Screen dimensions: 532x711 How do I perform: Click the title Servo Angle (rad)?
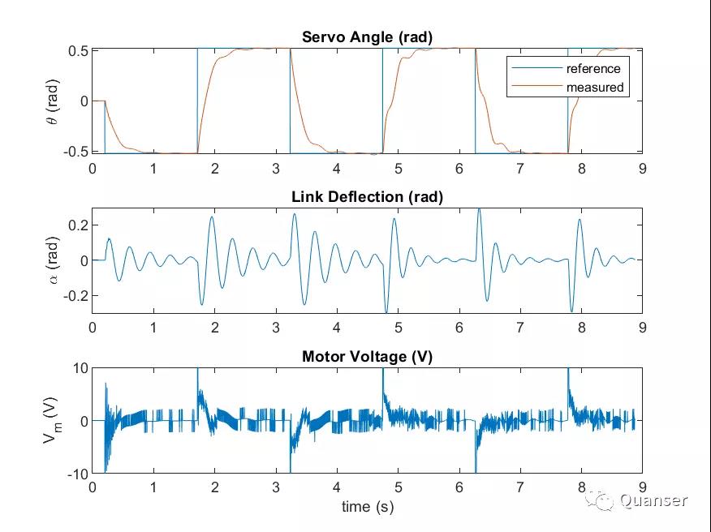[x=367, y=36]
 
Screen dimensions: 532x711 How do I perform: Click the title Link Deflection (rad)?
[x=367, y=196]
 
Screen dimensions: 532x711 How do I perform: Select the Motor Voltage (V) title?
[x=367, y=356]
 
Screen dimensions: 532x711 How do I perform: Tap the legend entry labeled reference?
[x=592, y=68]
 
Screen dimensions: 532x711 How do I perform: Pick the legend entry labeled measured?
[x=594, y=87]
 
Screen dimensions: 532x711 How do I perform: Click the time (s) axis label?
[x=367, y=507]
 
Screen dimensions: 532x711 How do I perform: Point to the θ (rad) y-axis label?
[x=52, y=101]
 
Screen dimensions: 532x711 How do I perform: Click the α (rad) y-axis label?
[x=52, y=260]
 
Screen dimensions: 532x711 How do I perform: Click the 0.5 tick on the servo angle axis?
[x=77, y=50]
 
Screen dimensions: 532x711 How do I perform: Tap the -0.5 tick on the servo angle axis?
[x=75, y=152]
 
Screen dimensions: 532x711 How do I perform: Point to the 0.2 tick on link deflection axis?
[x=77, y=225]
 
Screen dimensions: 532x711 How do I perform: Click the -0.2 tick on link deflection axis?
[x=75, y=296]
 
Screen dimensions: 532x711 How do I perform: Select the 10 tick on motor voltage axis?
[x=79, y=368]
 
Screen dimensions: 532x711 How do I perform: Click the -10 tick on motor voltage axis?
[x=76, y=474]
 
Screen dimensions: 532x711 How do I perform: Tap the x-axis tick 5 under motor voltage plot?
[x=398, y=487]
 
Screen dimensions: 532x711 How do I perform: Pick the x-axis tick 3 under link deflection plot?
[x=275, y=328]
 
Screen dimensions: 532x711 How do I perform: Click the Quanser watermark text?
[x=653, y=500]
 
